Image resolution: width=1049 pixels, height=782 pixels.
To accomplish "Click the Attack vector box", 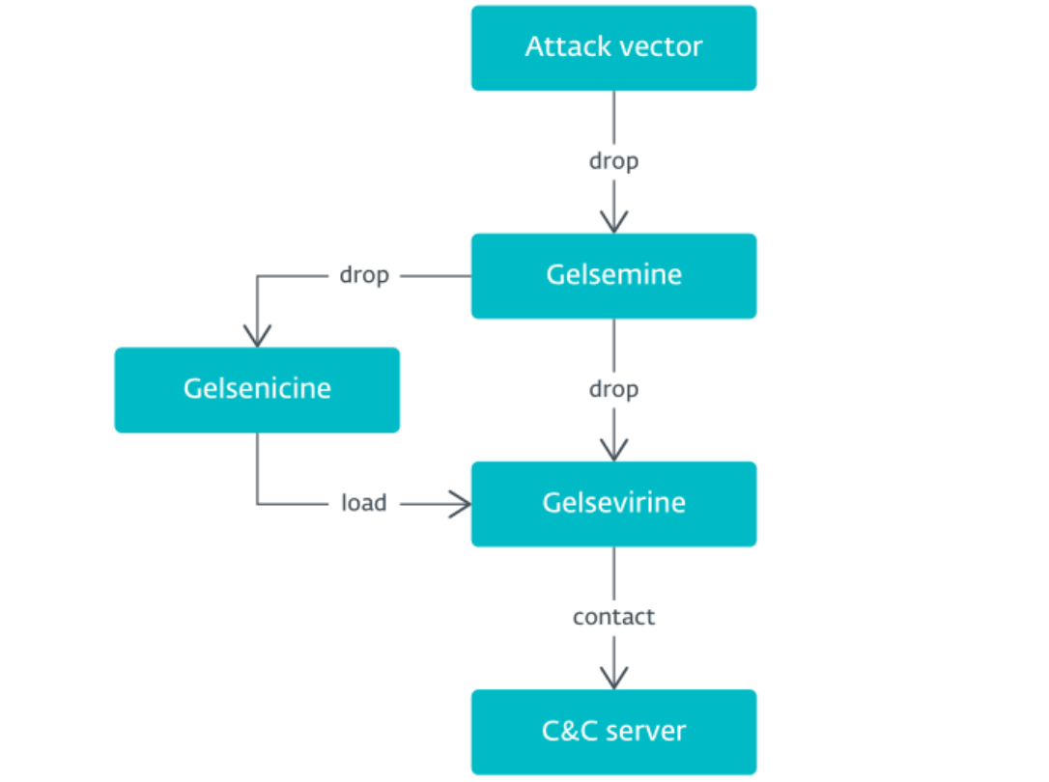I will point(613,47).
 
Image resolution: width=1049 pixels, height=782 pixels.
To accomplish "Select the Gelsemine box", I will point(613,275).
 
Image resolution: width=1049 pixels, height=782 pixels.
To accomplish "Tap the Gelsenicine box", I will point(257,389).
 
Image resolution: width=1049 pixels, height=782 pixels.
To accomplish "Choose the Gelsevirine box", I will point(613,503).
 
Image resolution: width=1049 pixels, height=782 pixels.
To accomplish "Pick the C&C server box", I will point(613,731).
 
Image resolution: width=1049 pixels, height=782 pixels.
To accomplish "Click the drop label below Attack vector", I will point(613,161).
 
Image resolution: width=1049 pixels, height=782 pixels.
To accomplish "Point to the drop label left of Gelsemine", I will point(364,275).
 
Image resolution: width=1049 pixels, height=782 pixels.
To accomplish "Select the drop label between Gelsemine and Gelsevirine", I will point(613,389).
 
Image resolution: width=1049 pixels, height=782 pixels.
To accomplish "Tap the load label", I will point(364,503).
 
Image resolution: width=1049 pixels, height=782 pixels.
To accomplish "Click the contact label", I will point(613,617).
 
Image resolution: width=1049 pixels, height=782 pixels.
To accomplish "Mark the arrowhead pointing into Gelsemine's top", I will point(613,223).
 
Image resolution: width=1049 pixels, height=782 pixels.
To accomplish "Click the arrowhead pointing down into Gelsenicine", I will point(257,337).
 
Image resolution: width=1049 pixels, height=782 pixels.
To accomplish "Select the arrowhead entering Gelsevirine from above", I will point(613,451).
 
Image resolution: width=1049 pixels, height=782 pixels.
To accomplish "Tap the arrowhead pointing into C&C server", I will point(613,679).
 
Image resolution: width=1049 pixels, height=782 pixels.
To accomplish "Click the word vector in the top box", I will point(659,47).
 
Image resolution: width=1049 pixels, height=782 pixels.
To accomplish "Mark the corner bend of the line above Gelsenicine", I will point(257,276).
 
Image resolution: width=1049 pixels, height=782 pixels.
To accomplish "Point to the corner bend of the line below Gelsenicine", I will point(257,503).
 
